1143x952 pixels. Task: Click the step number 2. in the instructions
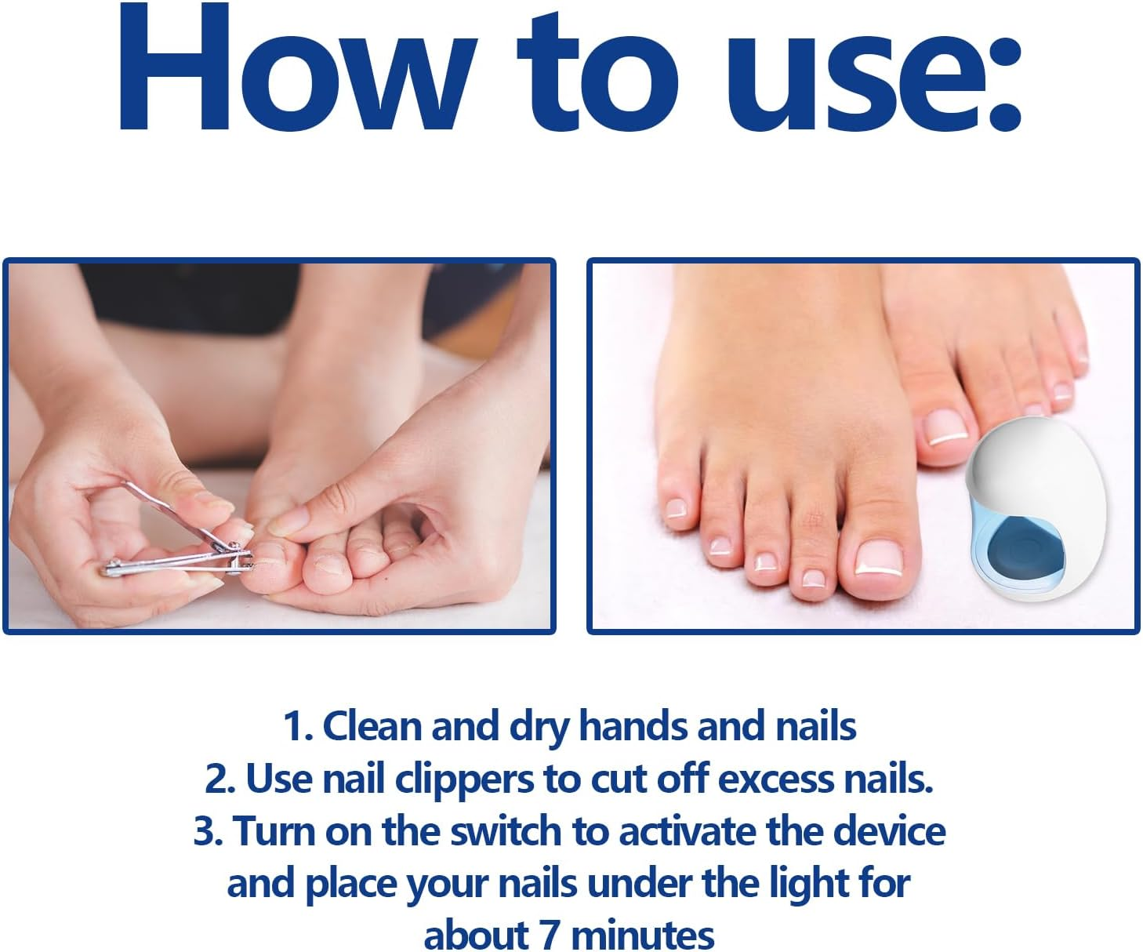pyautogui.click(x=220, y=779)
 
